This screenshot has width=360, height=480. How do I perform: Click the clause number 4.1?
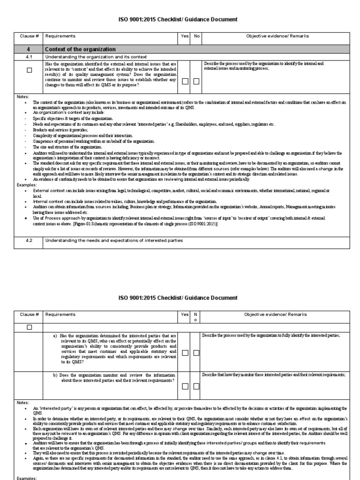29,57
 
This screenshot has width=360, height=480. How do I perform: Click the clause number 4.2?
29,240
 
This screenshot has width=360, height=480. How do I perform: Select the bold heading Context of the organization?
80,49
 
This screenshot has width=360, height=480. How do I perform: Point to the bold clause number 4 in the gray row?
29,49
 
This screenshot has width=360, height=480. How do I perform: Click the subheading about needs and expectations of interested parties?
113,240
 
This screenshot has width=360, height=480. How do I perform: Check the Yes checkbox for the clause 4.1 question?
185,81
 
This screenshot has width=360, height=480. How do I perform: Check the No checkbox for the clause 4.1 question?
196,81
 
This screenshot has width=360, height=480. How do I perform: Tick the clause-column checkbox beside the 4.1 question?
29,70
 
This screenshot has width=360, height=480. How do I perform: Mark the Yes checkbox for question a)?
185,352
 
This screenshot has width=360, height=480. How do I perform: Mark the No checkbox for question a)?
196,352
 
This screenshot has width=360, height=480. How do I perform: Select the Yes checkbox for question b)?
185,386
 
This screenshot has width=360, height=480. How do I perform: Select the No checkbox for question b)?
196,386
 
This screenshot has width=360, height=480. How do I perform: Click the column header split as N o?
196,317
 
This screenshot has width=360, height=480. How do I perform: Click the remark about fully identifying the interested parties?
271,336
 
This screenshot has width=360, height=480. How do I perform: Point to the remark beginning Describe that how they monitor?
274,375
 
